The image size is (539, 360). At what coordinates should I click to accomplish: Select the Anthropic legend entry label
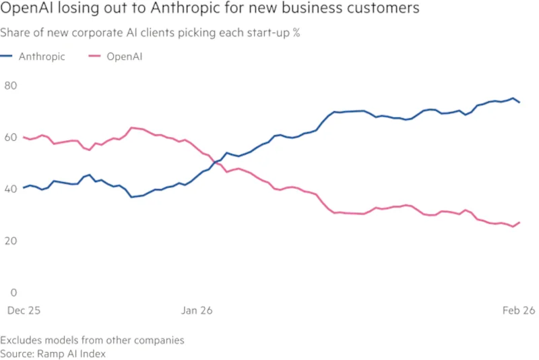click(42, 57)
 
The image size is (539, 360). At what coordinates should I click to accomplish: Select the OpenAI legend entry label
click(124, 57)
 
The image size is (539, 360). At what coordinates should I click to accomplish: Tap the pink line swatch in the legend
click(94, 57)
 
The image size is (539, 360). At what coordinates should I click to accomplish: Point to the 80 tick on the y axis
click(10, 86)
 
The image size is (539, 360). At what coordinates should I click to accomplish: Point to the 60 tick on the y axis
click(10, 138)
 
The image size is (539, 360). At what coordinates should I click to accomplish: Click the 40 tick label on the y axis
click(10, 189)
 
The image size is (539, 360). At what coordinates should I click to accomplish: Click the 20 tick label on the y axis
click(10, 241)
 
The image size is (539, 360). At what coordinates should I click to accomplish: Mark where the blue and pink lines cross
click(216, 162)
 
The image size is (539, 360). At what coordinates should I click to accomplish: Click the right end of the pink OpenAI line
click(519, 222)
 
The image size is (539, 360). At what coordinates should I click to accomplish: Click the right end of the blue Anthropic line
click(519, 102)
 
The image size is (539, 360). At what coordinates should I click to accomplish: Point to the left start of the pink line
click(24, 138)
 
